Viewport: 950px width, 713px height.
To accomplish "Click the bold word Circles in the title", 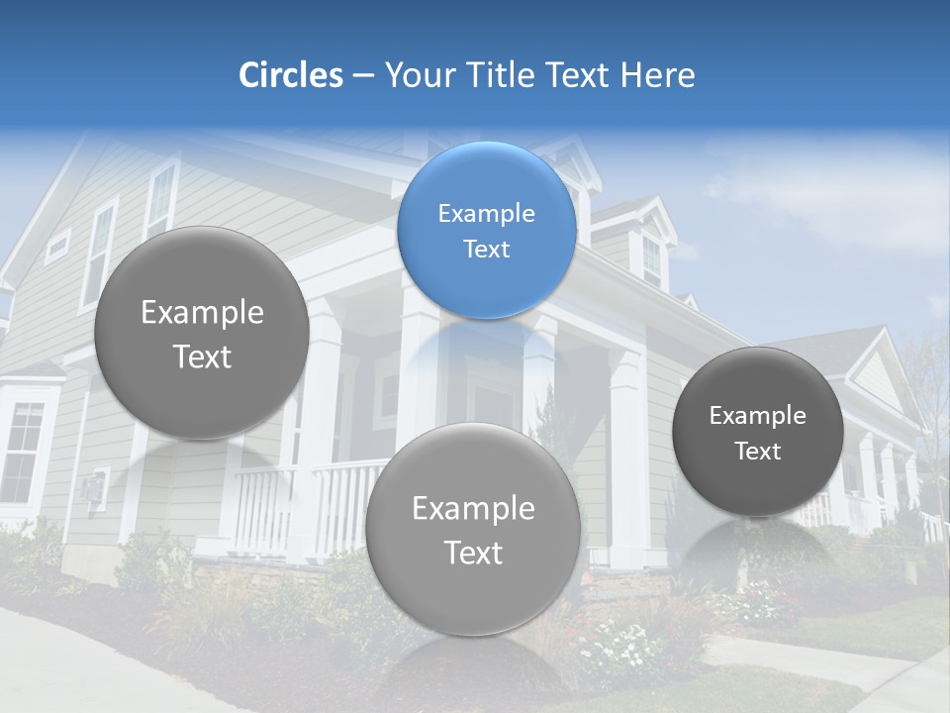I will click(x=290, y=75).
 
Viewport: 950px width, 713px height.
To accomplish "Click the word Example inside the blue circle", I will click(x=486, y=214).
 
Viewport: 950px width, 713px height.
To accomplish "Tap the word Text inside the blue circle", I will click(x=486, y=250).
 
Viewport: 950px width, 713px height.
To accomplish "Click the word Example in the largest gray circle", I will click(x=202, y=313).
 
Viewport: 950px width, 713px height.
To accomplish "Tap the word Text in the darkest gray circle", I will click(x=757, y=452).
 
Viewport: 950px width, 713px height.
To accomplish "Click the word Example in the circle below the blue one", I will click(x=472, y=509).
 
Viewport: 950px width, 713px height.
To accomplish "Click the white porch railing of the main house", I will click(x=297, y=505).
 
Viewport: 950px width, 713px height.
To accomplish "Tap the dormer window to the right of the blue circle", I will click(x=651, y=259).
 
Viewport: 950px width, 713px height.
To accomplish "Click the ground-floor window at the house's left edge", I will click(x=22, y=451).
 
